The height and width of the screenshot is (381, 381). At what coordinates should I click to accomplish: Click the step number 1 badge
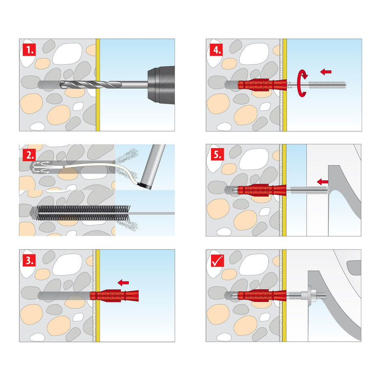[x=29, y=49]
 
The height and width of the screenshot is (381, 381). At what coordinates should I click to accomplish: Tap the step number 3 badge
[x=29, y=260]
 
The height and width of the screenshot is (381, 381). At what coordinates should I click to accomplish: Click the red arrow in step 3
[x=126, y=282]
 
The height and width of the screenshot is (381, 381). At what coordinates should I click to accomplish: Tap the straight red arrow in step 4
[x=326, y=71]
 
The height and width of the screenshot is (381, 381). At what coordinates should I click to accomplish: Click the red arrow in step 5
[x=322, y=182]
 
